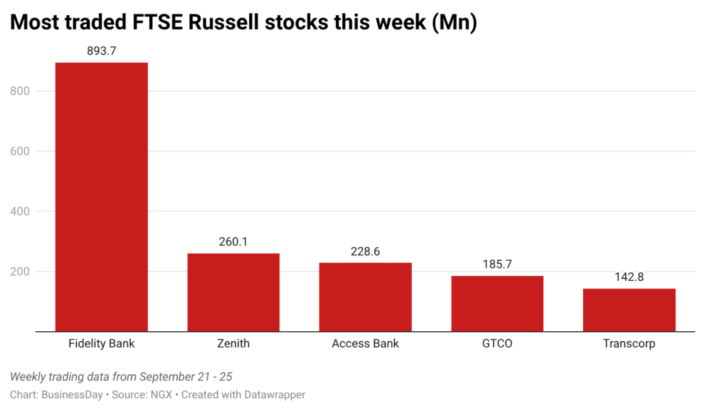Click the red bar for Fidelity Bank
coord(102,197)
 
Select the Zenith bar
coord(233,293)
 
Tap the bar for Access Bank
coord(366,297)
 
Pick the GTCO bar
coord(497,304)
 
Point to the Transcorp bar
coord(629,310)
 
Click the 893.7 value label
coord(102,51)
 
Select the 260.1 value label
coord(233,242)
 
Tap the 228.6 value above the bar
coord(366,251)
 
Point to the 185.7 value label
coord(497,264)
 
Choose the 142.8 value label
coord(629,277)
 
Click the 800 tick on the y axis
coord(20,91)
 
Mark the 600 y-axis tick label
coord(20,151)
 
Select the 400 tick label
coord(20,211)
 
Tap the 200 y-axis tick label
coord(20,272)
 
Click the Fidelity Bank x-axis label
coord(102,344)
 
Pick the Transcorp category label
coord(629,344)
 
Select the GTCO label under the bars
coord(497,344)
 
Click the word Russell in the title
coord(223,22)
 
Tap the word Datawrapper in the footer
coord(275,394)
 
